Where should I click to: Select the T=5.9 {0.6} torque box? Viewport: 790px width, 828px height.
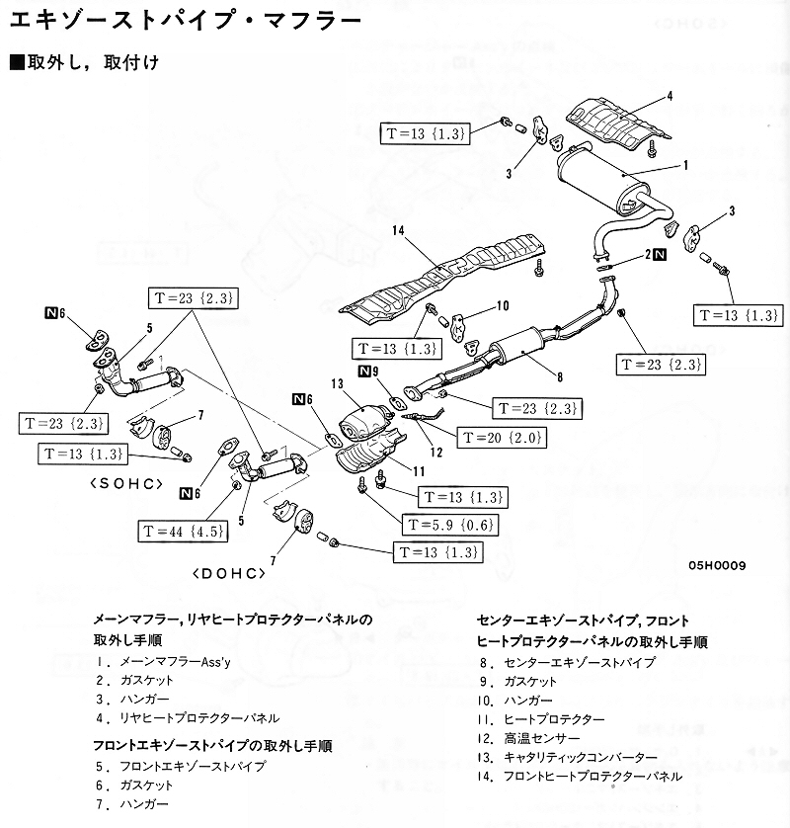[x=446, y=525]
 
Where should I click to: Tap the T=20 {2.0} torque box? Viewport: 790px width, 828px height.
[x=503, y=436]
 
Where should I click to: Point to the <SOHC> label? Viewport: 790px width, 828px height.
[x=123, y=484]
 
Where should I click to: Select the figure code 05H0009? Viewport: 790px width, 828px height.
[x=717, y=565]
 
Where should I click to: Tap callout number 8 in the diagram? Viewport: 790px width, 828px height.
[x=558, y=376]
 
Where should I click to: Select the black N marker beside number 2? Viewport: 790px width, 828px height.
[x=660, y=255]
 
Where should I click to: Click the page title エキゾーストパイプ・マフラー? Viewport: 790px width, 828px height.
[x=179, y=20]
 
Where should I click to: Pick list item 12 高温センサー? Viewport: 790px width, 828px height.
[x=528, y=738]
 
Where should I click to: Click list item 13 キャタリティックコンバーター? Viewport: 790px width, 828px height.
[x=570, y=757]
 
